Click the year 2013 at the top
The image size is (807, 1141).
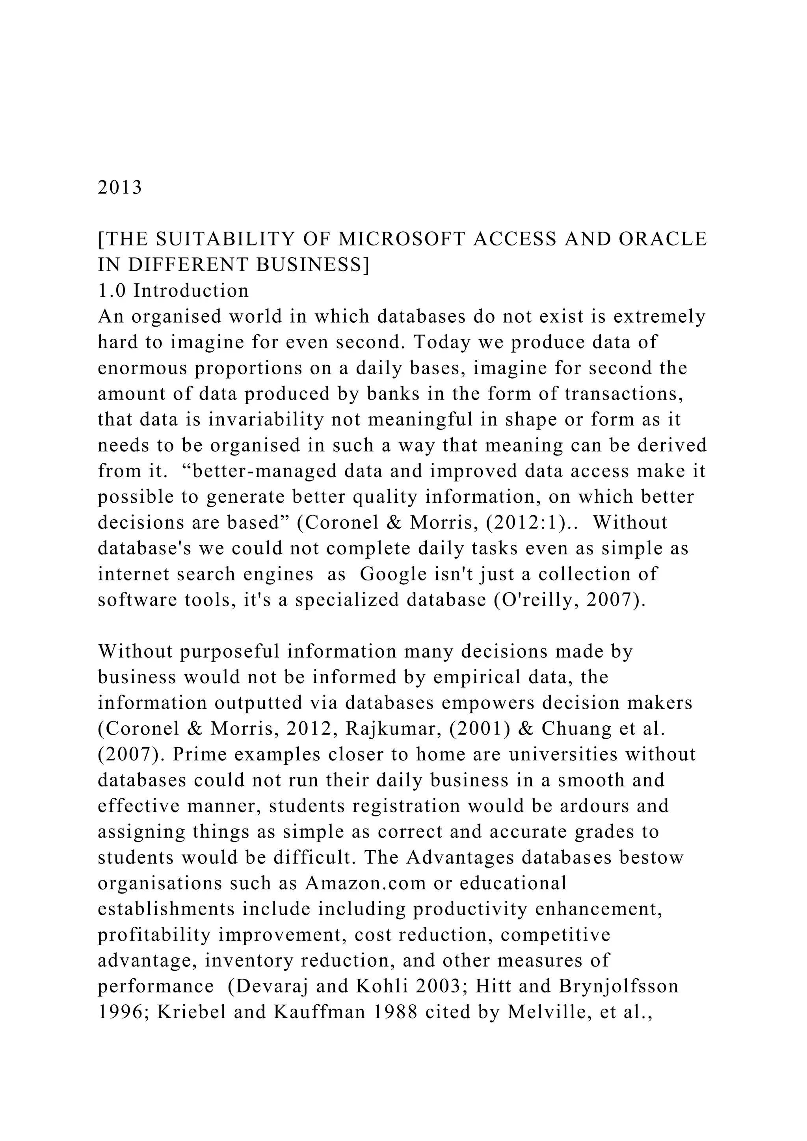(x=120, y=188)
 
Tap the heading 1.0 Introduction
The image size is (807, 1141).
(x=173, y=291)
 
